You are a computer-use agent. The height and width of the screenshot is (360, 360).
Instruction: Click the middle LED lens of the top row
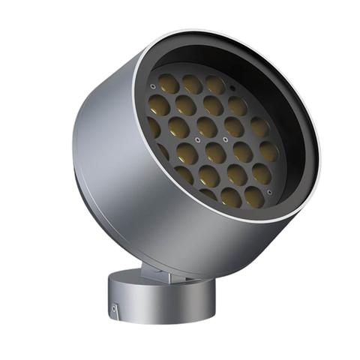click(x=193, y=82)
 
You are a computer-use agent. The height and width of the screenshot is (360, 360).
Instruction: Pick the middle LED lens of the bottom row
click(x=231, y=197)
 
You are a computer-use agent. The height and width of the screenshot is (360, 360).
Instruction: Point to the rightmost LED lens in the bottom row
click(x=253, y=196)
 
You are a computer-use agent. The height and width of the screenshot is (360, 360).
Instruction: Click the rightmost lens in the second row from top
click(x=238, y=106)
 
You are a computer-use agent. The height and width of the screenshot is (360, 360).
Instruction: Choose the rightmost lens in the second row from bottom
click(x=262, y=174)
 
